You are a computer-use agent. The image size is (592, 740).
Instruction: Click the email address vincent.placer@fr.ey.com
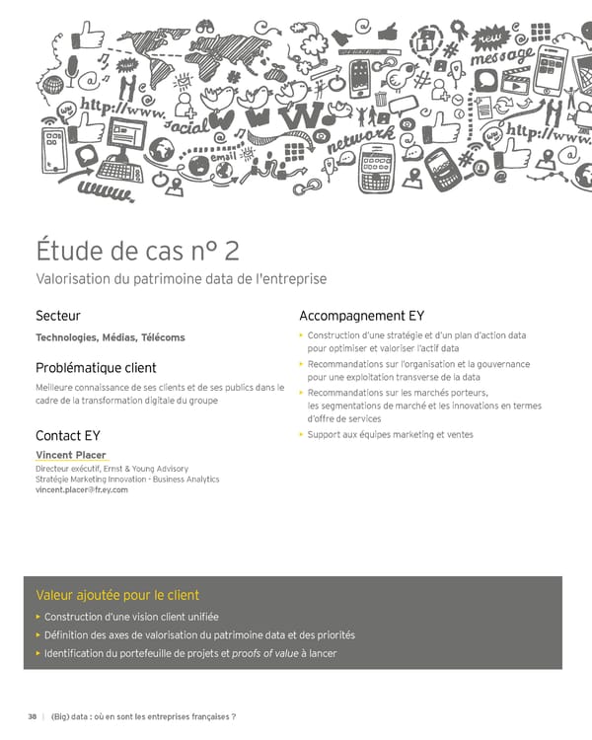(82, 489)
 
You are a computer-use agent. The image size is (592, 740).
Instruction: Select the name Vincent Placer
(70, 455)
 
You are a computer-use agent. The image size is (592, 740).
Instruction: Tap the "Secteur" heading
(58, 316)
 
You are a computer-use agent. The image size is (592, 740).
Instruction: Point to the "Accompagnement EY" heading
(361, 316)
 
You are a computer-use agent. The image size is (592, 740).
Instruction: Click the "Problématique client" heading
(96, 368)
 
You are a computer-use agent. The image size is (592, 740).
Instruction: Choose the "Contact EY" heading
(68, 435)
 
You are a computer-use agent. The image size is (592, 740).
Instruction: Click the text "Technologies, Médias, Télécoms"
(111, 337)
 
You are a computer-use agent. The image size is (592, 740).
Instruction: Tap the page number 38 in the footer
(33, 716)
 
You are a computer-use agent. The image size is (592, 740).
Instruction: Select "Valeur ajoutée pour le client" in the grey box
(117, 595)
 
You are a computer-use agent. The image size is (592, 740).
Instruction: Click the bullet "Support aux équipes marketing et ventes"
(390, 434)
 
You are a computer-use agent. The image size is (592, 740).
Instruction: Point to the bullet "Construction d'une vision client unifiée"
(131, 617)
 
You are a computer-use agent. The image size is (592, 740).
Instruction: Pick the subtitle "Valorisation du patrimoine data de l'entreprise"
(181, 279)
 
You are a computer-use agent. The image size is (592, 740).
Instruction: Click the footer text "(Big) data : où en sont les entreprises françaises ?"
(143, 716)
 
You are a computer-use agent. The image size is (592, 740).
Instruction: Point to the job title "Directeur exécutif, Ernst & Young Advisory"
(111, 469)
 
